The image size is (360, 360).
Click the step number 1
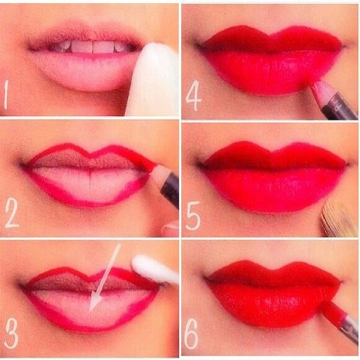point(6,95)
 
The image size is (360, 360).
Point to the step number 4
point(193,96)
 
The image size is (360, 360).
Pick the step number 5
point(193,216)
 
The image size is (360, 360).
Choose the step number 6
point(191,334)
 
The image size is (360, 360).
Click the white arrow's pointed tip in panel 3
point(91,311)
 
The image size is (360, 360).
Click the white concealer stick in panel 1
point(152,79)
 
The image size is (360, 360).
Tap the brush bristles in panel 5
point(337,219)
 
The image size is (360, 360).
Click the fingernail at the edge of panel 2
point(171,228)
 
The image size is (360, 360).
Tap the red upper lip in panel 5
point(274,155)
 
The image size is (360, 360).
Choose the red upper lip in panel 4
point(272,39)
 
